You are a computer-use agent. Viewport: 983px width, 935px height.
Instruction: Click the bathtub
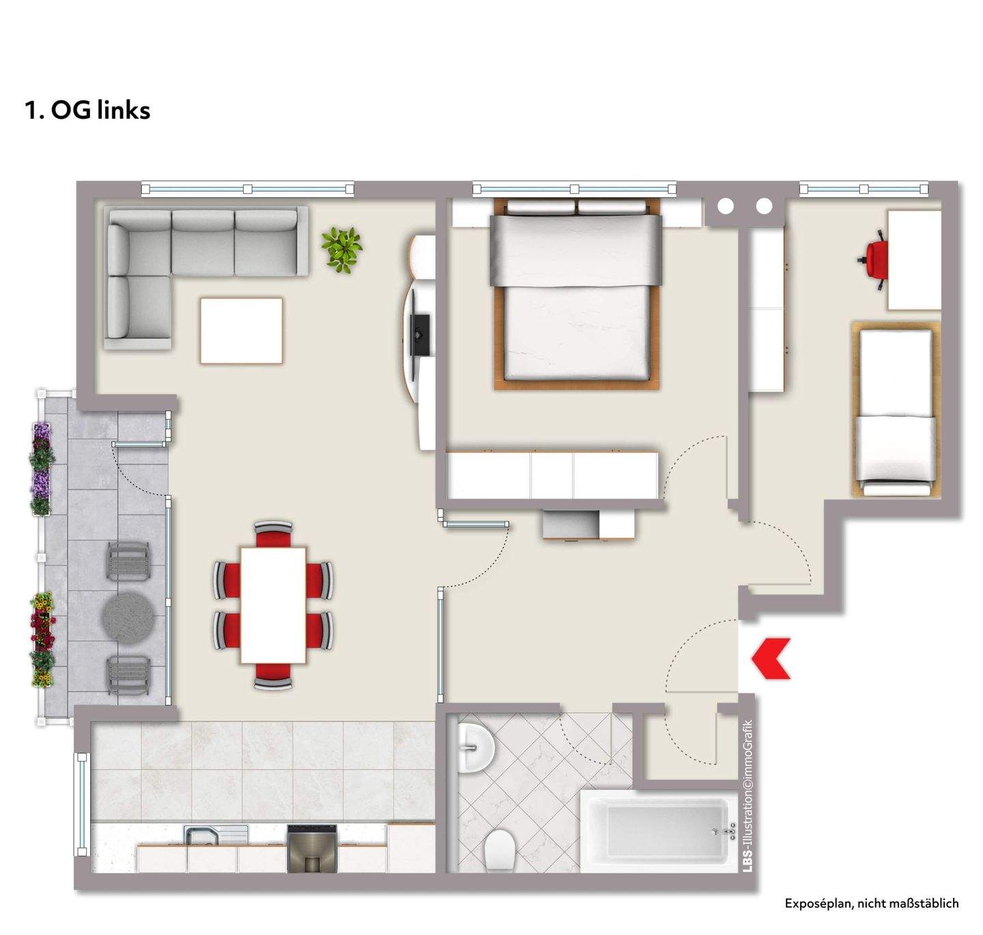(653, 831)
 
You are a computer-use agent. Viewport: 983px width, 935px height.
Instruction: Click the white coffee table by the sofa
(241, 330)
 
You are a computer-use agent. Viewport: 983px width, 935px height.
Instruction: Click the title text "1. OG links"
(87, 110)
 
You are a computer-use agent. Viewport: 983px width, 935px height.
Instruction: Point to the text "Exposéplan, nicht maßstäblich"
(871, 903)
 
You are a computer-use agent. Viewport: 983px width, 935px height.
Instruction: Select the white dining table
(273, 604)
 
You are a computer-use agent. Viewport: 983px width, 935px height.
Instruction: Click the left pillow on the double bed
(532, 206)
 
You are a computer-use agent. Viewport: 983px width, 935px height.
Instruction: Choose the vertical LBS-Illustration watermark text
(747, 795)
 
